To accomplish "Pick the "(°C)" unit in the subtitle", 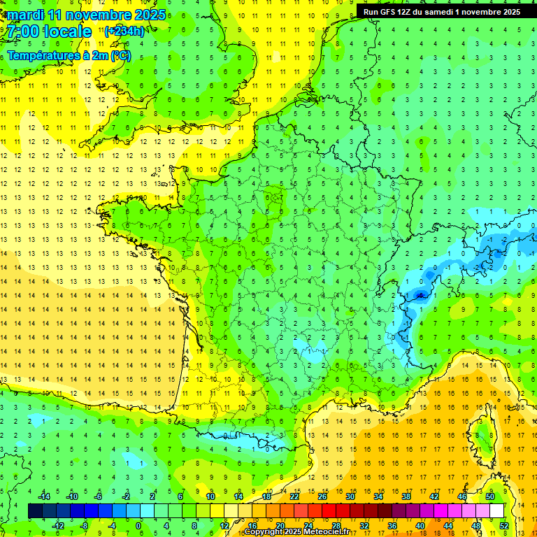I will pyautogui.click(x=120, y=55).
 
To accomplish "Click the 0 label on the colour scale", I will pyautogui.click(x=138, y=526).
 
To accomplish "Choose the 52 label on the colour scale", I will pyautogui.click(x=504, y=526).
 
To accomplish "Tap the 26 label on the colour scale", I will pyautogui.click(x=322, y=496).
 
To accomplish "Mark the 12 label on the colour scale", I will pyautogui.click(x=225, y=526).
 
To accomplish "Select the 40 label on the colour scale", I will pyautogui.click(x=420, y=526).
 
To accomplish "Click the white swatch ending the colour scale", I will pyautogui.click(x=497, y=511).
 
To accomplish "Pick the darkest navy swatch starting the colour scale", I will pyautogui.click(x=35, y=511).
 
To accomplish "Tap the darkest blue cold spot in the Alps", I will pyautogui.click(x=420, y=296).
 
